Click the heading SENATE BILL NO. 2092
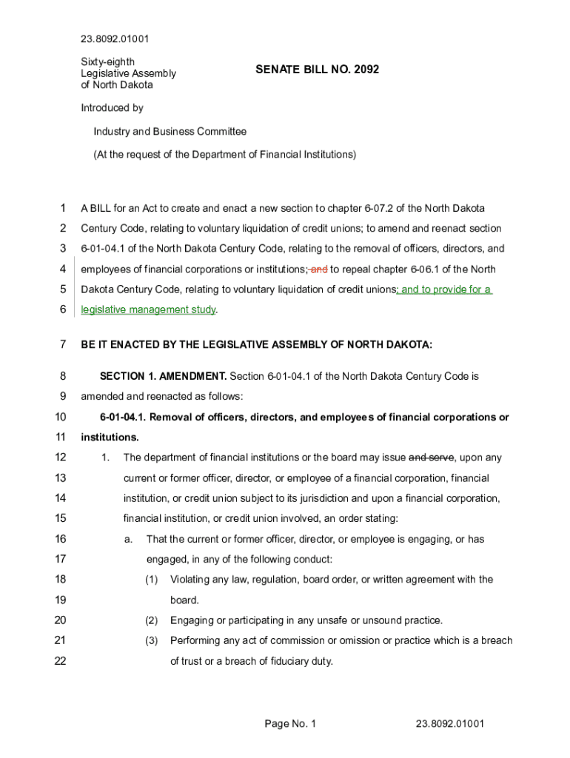click(x=317, y=70)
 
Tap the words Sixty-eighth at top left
click(x=107, y=62)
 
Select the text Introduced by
click(x=112, y=108)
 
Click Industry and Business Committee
click(x=170, y=132)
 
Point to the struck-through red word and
click(x=318, y=269)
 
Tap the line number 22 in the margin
click(x=61, y=661)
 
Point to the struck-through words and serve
click(x=432, y=457)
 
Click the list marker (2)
click(x=152, y=620)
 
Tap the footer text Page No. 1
click(x=290, y=723)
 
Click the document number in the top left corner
click(x=115, y=39)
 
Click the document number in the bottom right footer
click(x=449, y=723)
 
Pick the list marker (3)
click(x=152, y=640)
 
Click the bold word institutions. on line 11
click(x=110, y=437)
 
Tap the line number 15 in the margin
click(x=61, y=518)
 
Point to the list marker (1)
click(x=152, y=580)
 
